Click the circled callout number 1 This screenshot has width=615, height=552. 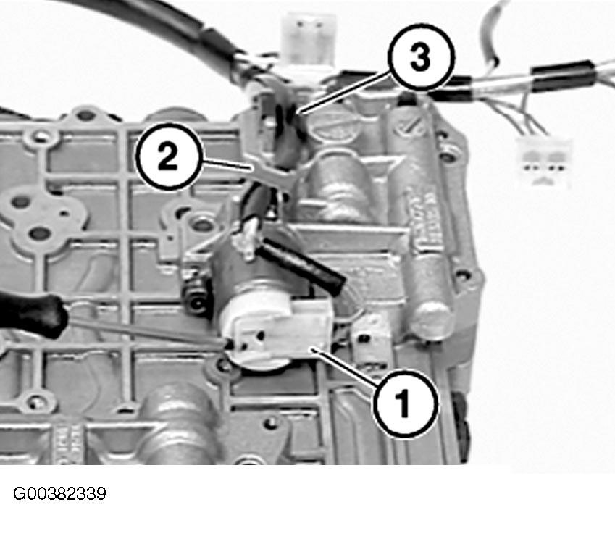[x=405, y=403]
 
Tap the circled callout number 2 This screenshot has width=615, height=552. [x=169, y=156]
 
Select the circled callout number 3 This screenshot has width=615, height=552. [x=421, y=57]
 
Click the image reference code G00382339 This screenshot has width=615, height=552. [x=59, y=493]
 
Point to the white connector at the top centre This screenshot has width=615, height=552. [x=310, y=39]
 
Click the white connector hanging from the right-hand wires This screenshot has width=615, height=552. [x=545, y=161]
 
